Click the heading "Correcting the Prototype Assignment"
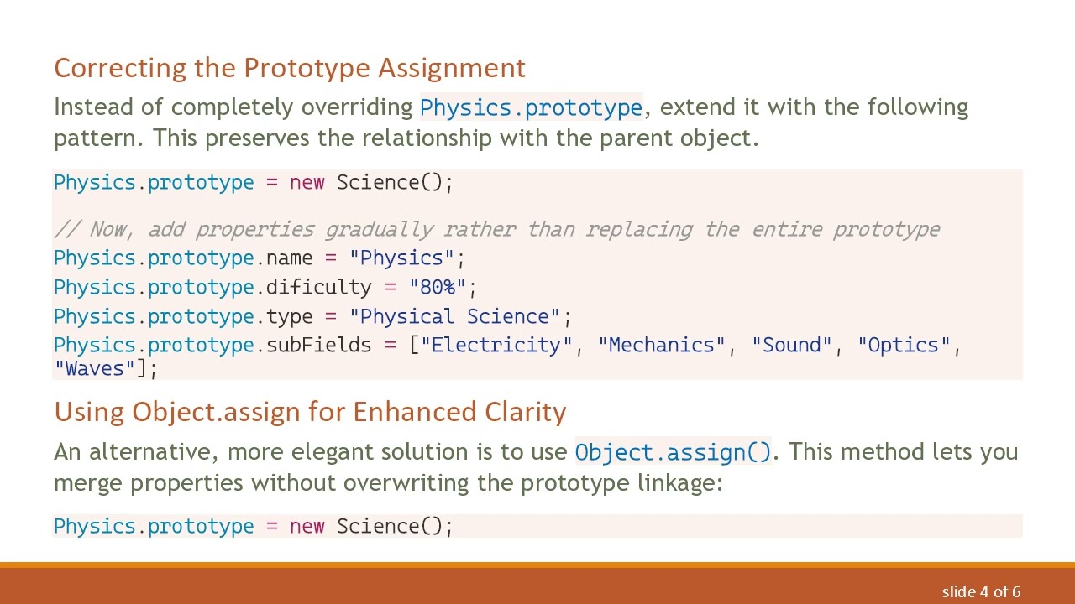click(290, 68)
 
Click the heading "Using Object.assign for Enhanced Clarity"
click(310, 412)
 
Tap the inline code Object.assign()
click(673, 452)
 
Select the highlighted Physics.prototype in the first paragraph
click(531, 107)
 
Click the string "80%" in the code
click(437, 287)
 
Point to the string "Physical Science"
click(454, 316)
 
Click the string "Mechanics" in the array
click(662, 345)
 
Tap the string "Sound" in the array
click(792, 345)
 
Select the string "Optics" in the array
click(904, 345)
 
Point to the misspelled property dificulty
click(318, 287)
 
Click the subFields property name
click(318, 345)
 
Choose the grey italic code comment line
click(496, 229)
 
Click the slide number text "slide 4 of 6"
click(981, 591)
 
